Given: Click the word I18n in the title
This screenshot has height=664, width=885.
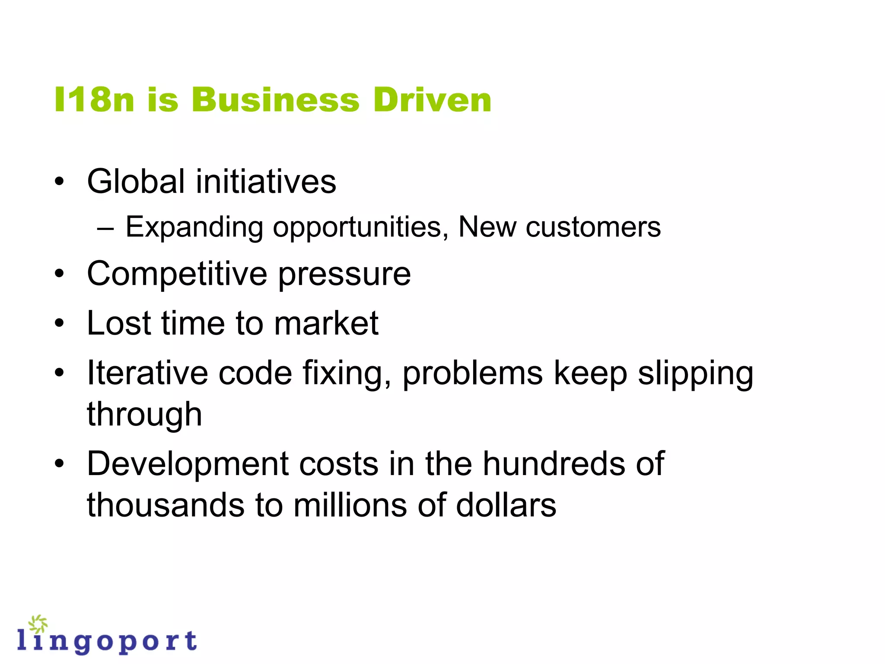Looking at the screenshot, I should pos(94,100).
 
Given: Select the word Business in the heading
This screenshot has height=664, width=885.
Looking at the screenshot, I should pos(275,100).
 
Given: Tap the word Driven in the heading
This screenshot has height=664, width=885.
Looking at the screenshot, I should pos(432,100).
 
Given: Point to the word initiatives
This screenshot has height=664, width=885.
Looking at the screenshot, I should pos(266,181).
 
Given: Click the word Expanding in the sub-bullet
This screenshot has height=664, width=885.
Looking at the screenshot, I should pos(194,227).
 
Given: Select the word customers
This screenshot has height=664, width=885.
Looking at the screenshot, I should pos(593,227).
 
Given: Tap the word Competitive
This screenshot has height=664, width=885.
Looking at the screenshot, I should pos(177,274).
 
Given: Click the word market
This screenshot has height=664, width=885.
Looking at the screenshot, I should pos(326,323).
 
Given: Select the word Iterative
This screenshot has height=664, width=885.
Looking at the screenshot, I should pos(147,373).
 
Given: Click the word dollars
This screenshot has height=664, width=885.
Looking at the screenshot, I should pos(506,505).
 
